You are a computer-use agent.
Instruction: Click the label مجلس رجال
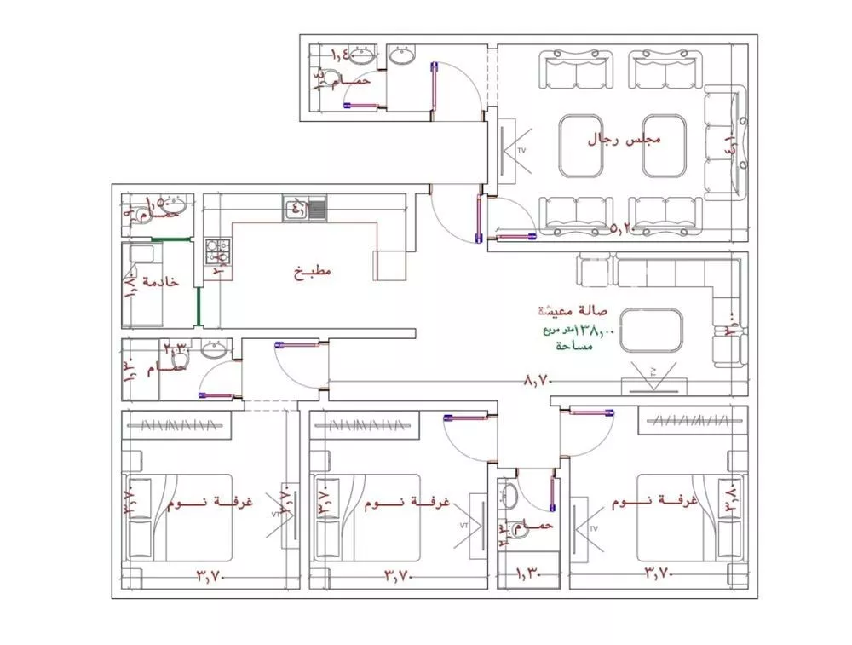[626, 139]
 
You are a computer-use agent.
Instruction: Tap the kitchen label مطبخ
[313, 272]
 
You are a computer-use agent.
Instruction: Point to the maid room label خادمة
[162, 281]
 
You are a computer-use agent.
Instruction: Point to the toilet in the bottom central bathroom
[509, 496]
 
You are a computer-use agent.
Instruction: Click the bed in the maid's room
[141, 285]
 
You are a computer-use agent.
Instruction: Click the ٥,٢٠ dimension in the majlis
[626, 228]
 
